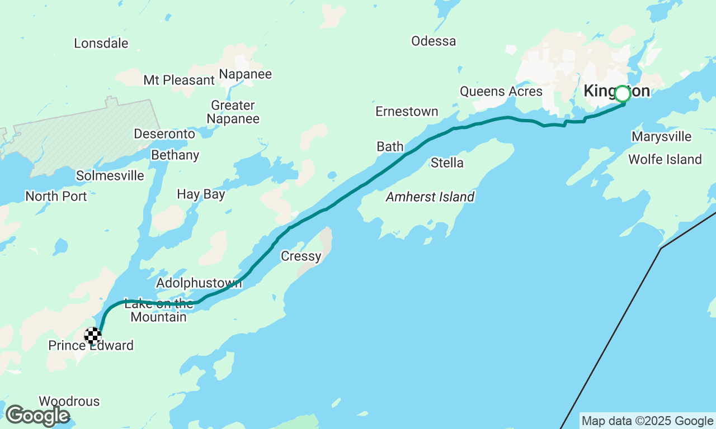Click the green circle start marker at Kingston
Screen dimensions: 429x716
623,94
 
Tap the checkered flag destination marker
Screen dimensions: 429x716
93,335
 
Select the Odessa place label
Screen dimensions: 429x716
434,41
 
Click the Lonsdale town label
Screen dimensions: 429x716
101,43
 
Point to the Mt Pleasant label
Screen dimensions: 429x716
179,80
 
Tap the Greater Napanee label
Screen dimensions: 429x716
233,112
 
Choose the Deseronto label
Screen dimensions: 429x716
164,134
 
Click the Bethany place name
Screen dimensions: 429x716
175,155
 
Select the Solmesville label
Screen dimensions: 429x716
110,175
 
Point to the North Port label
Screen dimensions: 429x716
56,196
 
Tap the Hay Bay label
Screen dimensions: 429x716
201,194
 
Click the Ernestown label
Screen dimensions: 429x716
407,111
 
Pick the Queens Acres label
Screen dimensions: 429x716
501,91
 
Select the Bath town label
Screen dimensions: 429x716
390,146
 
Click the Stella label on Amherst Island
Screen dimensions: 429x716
447,163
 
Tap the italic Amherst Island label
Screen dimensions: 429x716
430,197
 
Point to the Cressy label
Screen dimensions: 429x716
301,256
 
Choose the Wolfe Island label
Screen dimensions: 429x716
665,159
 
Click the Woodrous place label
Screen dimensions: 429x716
69,401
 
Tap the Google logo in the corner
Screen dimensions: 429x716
37,416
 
